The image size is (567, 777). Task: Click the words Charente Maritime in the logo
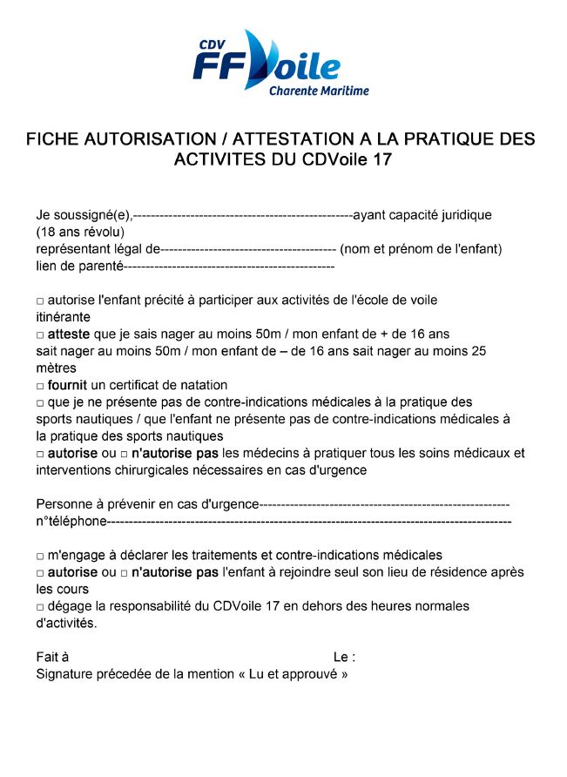pos(319,91)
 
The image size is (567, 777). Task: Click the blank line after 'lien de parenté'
pos(230,266)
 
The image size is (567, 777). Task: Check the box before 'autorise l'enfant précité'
pos(40,301)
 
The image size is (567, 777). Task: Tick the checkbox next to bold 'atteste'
pos(40,334)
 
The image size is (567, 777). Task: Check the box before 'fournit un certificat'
pos(40,386)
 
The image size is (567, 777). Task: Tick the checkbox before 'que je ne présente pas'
pos(40,403)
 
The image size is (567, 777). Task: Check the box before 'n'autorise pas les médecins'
pos(124,454)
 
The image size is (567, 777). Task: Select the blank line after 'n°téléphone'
pos(309,522)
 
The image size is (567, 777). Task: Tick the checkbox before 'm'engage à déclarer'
pos(40,556)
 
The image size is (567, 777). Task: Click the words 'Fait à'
pos(52,657)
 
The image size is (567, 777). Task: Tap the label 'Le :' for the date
pos(344,657)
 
